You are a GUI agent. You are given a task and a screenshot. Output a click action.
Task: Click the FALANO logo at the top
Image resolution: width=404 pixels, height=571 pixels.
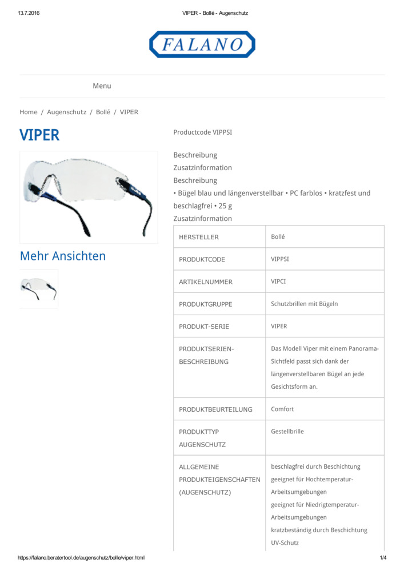202,45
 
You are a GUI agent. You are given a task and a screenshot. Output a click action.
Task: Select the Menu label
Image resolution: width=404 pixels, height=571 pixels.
102,86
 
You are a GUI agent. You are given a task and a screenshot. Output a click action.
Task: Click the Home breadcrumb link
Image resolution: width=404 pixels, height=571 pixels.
29,112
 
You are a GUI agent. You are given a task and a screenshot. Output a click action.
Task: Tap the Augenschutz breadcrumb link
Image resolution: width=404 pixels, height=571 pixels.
66,112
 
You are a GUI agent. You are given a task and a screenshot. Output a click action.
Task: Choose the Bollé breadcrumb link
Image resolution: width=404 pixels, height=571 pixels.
103,112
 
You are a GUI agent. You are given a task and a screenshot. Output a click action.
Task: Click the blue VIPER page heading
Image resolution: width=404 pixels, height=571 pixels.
39,135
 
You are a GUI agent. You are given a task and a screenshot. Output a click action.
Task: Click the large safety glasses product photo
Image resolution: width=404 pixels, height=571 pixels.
89,197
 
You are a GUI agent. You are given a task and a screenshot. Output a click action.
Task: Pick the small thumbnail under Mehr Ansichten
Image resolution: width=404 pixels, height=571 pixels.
39,289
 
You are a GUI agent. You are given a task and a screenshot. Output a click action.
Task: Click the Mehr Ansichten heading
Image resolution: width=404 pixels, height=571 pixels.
63,256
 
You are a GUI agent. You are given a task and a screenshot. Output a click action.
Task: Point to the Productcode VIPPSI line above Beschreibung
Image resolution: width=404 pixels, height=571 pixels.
202,132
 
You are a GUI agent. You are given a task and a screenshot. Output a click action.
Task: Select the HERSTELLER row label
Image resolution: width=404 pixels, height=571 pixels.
199,237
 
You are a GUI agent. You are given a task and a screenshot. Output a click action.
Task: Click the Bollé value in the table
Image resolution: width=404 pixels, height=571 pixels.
278,236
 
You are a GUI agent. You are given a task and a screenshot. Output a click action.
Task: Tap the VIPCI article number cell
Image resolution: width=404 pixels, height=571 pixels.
279,282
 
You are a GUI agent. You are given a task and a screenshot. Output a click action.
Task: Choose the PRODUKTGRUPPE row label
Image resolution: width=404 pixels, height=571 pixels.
206,304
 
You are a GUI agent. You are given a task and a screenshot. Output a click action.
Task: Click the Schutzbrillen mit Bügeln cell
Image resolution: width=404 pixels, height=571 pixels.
304,304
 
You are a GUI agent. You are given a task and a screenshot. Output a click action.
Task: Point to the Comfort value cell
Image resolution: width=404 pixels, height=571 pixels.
283,409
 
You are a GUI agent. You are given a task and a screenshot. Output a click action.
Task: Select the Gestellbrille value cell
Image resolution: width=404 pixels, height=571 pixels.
287,432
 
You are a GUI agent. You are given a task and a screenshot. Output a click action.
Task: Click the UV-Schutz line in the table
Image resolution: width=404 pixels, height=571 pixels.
285,542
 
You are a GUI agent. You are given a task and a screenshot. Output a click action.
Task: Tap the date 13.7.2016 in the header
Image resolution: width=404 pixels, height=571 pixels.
29,13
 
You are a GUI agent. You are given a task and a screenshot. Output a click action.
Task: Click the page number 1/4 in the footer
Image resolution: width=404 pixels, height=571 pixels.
383,558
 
